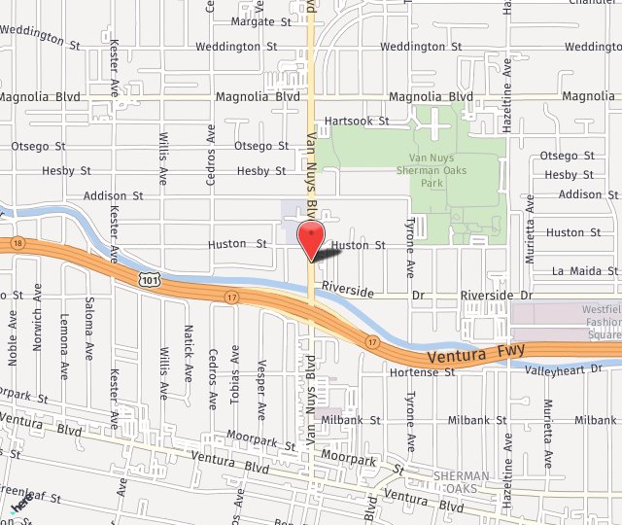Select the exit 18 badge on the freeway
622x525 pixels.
17,242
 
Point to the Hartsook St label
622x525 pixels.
357,122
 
